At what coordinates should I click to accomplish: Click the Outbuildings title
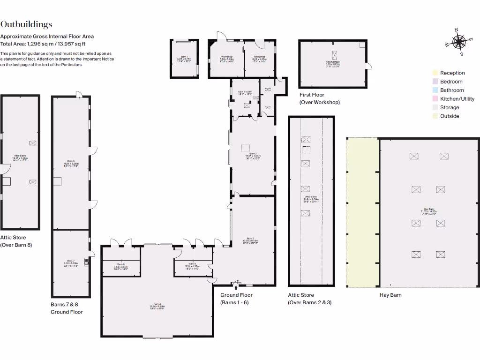pyautogui.click(x=26, y=25)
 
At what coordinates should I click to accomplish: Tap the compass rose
pyautogui.click(x=457, y=42)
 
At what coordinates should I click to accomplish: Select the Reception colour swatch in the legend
pyautogui.click(x=435, y=73)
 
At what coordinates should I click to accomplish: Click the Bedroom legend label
pyautogui.click(x=451, y=82)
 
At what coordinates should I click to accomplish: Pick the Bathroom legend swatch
pyautogui.click(x=435, y=90)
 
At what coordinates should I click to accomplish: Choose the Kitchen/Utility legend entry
pyautogui.click(x=457, y=99)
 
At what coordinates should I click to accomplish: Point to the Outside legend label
pyautogui.click(x=450, y=116)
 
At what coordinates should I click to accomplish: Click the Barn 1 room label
pyautogui.click(x=183, y=58)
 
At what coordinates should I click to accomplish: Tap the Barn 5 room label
pyautogui.click(x=121, y=267)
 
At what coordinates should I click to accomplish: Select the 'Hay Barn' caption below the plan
pyautogui.click(x=390, y=295)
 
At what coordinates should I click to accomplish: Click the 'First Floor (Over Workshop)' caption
pyautogui.click(x=319, y=98)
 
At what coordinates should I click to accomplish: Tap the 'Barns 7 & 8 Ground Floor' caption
pyautogui.click(x=67, y=308)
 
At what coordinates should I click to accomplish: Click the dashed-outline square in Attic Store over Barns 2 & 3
pyautogui.click(x=306, y=150)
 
